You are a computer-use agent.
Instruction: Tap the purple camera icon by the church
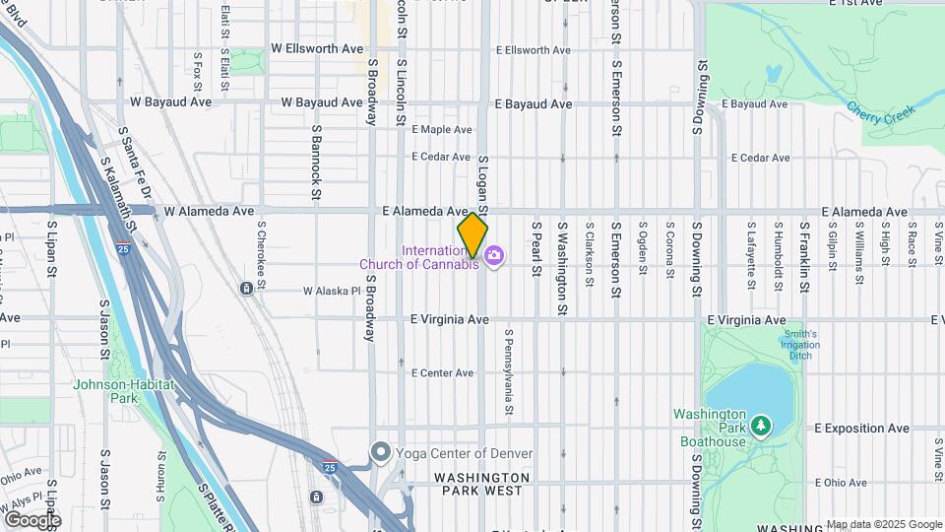click(493, 257)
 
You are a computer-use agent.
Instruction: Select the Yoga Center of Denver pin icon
click(381, 453)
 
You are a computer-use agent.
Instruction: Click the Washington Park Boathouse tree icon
click(760, 426)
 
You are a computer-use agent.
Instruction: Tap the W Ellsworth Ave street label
click(316, 48)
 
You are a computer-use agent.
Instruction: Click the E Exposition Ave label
click(862, 429)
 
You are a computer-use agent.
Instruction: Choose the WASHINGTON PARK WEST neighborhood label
click(482, 484)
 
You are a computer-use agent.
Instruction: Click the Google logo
click(32, 519)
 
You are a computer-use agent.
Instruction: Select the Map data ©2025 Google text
click(883, 524)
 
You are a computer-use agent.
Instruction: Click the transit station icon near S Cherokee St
click(244, 288)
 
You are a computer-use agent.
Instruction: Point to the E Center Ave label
click(443, 373)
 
